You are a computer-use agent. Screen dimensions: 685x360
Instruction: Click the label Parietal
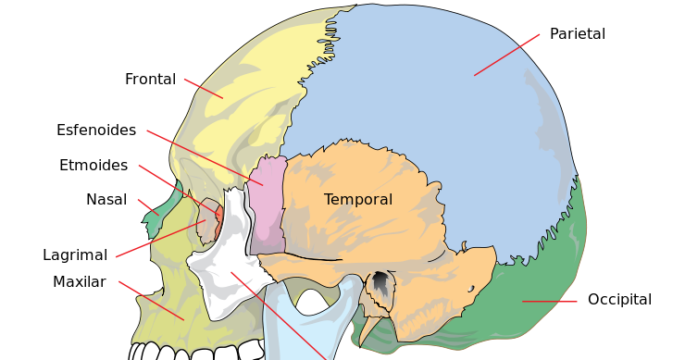tap(577, 34)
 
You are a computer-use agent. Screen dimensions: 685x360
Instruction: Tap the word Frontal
tap(150, 80)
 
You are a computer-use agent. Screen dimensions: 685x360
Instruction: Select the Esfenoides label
tap(96, 130)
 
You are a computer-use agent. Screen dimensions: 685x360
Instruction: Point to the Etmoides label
tap(93, 166)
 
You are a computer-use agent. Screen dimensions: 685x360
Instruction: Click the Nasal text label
tap(106, 200)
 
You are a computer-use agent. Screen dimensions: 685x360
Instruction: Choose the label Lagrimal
tap(75, 254)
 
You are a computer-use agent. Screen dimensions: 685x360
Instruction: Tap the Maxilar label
tap(79, 282)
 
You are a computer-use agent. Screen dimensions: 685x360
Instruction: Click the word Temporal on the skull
tap(358, 200)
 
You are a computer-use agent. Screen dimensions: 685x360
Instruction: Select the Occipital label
tap(619, 300)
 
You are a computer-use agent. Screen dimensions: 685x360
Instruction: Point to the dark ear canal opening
tap(380, 281)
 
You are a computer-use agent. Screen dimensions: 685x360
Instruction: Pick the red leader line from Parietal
tap(506, 55)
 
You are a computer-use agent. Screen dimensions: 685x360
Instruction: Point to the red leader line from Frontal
tap(204, 88)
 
